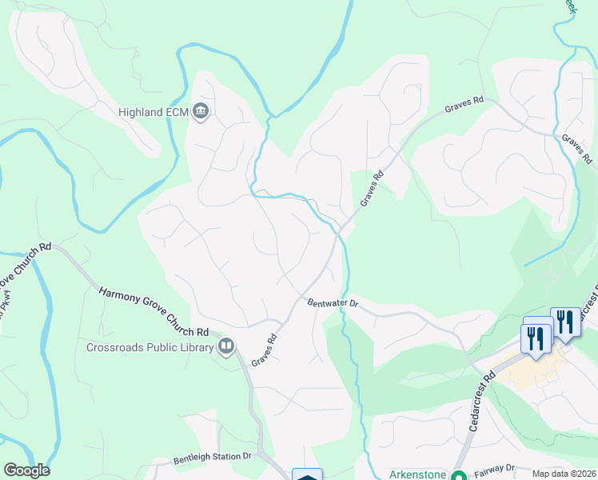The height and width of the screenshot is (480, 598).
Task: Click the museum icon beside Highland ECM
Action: point(201,112)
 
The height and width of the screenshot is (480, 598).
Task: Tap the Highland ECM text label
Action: point(153,112)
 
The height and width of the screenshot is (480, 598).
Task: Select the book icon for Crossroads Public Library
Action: point(226,346)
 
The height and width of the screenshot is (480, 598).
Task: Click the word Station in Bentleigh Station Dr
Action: point(223,457)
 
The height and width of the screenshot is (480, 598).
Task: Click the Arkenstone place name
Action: point(417,474)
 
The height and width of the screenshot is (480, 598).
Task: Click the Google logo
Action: point(26,470)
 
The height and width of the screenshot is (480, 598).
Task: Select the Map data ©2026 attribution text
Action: point(563,474)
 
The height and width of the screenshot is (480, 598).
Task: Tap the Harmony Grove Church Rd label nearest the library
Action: point(153,310)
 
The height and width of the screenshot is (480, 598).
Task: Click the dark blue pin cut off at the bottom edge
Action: point(307,475)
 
